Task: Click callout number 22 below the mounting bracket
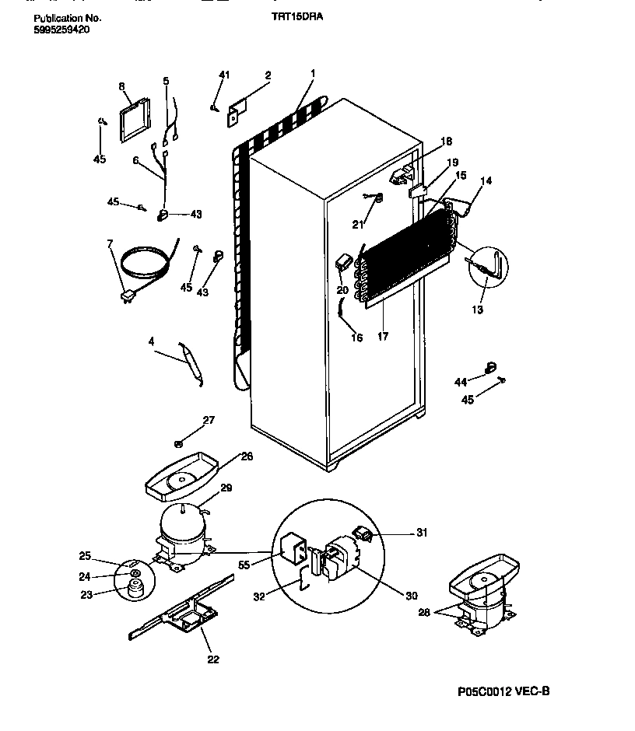(x=212, y=659)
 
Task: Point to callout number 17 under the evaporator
(x=383, y=337)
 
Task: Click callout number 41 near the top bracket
(x=224, y=75)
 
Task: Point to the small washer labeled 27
(x=178, y=444)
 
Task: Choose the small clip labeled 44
(x=490, y=365)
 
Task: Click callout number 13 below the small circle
(x=477, y=310)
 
